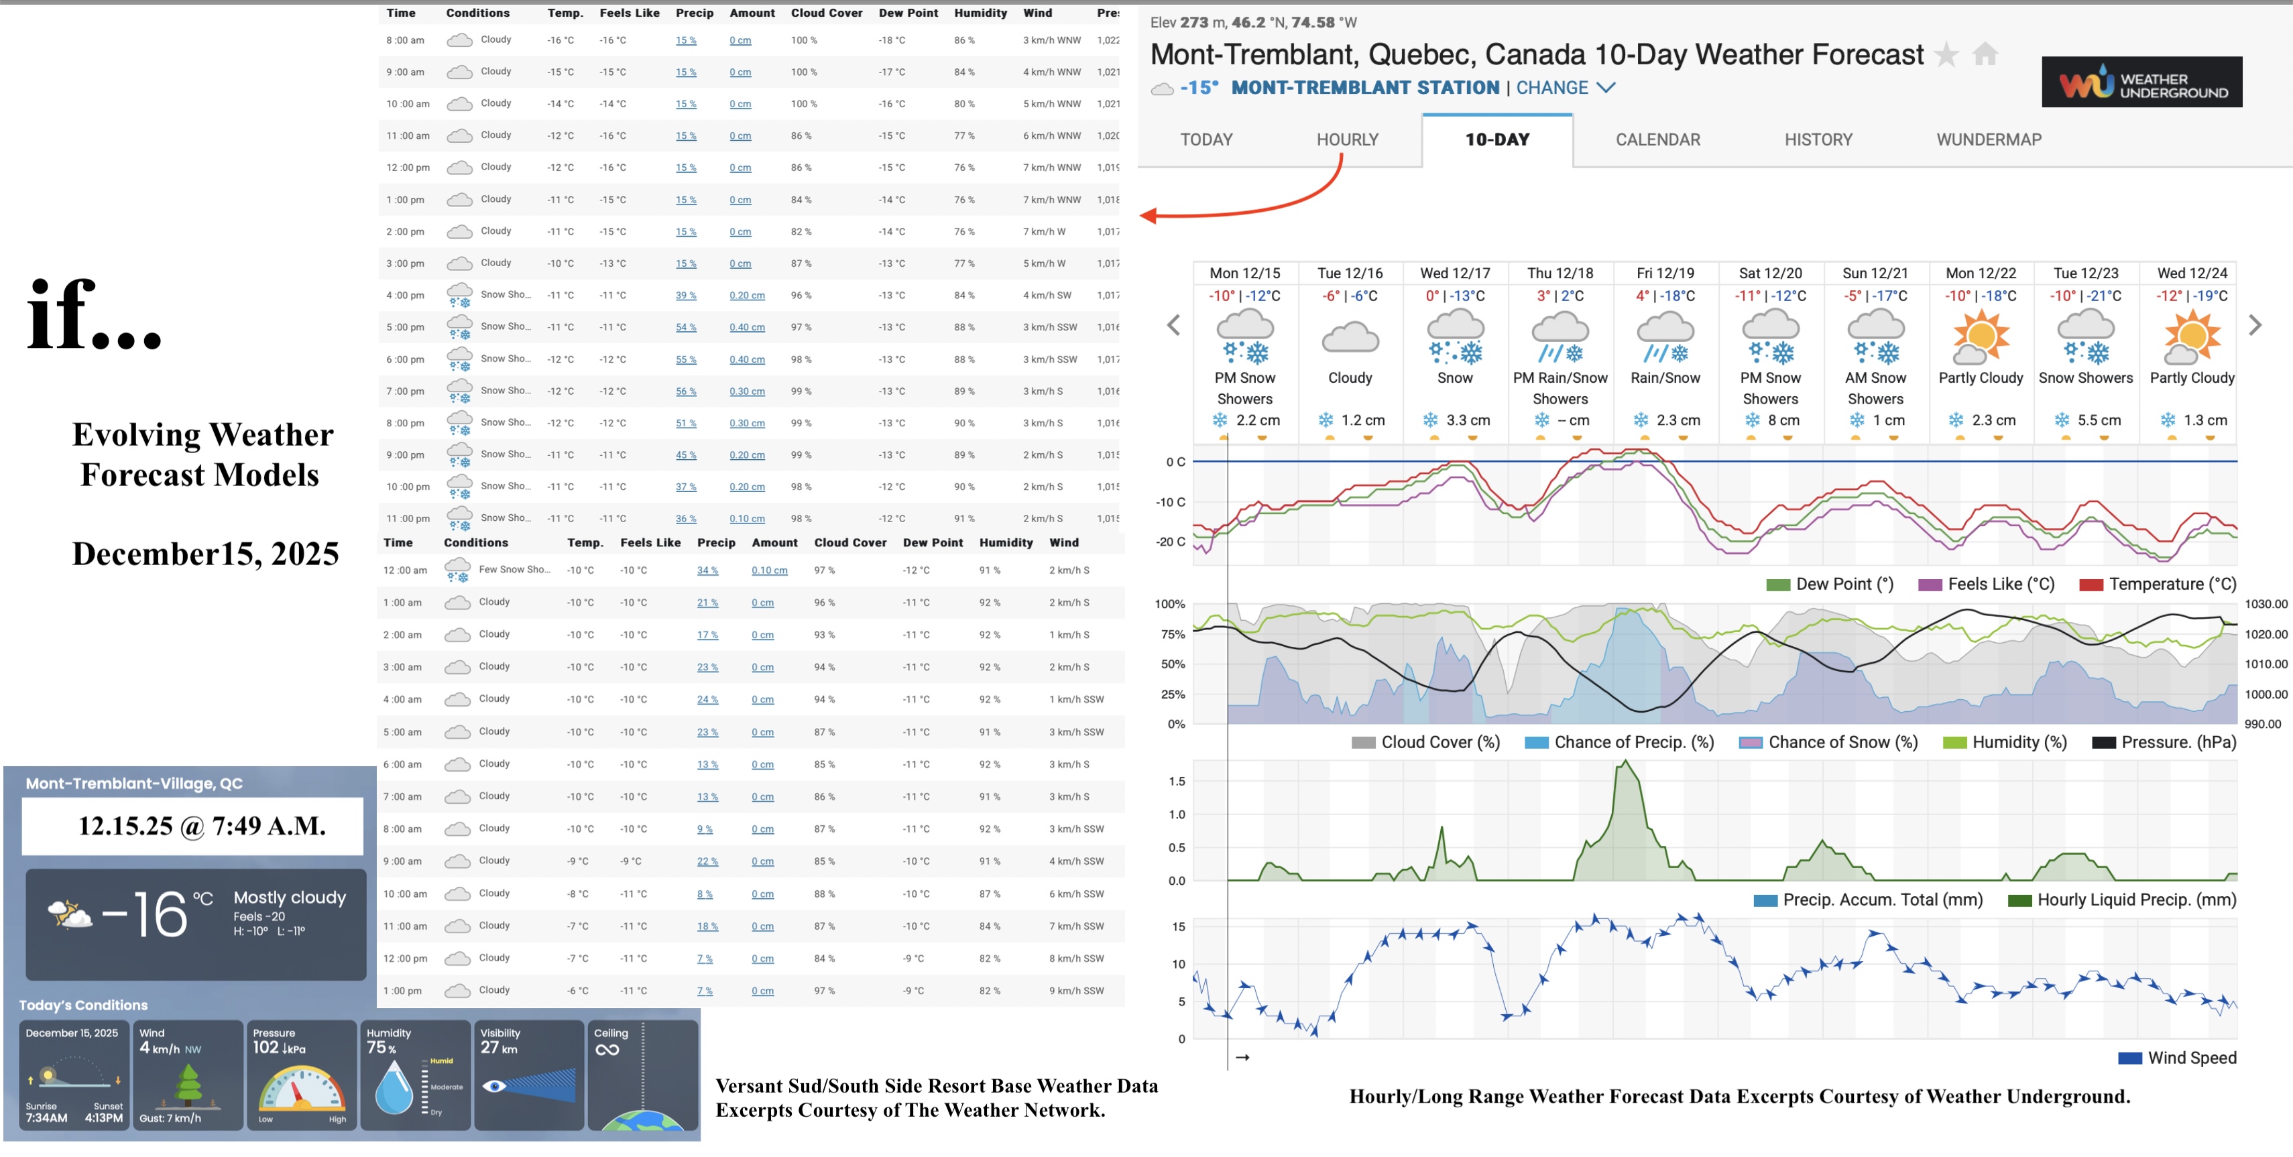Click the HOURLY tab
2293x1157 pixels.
pos(1347,139)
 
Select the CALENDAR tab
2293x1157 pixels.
pos(1657,139)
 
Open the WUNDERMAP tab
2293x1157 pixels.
pos(1989,139)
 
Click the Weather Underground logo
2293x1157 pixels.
pos(2141,82)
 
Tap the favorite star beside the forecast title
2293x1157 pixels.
pos(1947,55)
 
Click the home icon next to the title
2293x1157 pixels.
pos(1985,55)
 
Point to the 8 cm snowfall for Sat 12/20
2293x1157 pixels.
pos(1775,420)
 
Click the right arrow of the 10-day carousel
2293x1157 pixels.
pos(2255,326)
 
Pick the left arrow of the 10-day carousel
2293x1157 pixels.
pos(1174,326)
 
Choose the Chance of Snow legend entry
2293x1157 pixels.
pos(1828,742)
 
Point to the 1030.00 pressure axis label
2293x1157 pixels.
pos(2266,605)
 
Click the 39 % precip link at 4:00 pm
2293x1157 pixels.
pos(685,296)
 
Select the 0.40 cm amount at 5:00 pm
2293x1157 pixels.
pos(747,328)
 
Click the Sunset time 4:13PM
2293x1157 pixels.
pos(103,1118)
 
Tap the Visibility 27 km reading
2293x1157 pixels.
pos(498,1048)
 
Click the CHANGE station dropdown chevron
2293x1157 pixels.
pos(1605,87)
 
